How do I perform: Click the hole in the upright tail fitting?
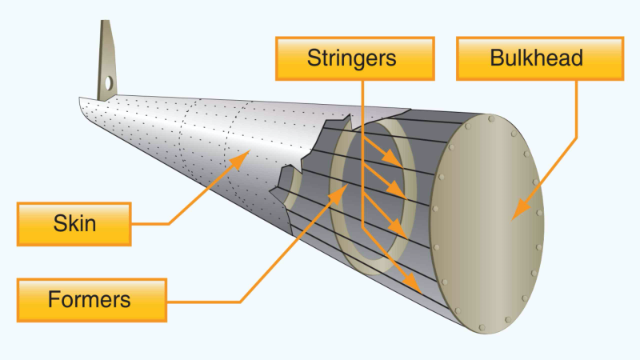pos(107,82)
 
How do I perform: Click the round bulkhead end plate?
pos(488,224)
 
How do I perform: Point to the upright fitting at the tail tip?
pos(106,64)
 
